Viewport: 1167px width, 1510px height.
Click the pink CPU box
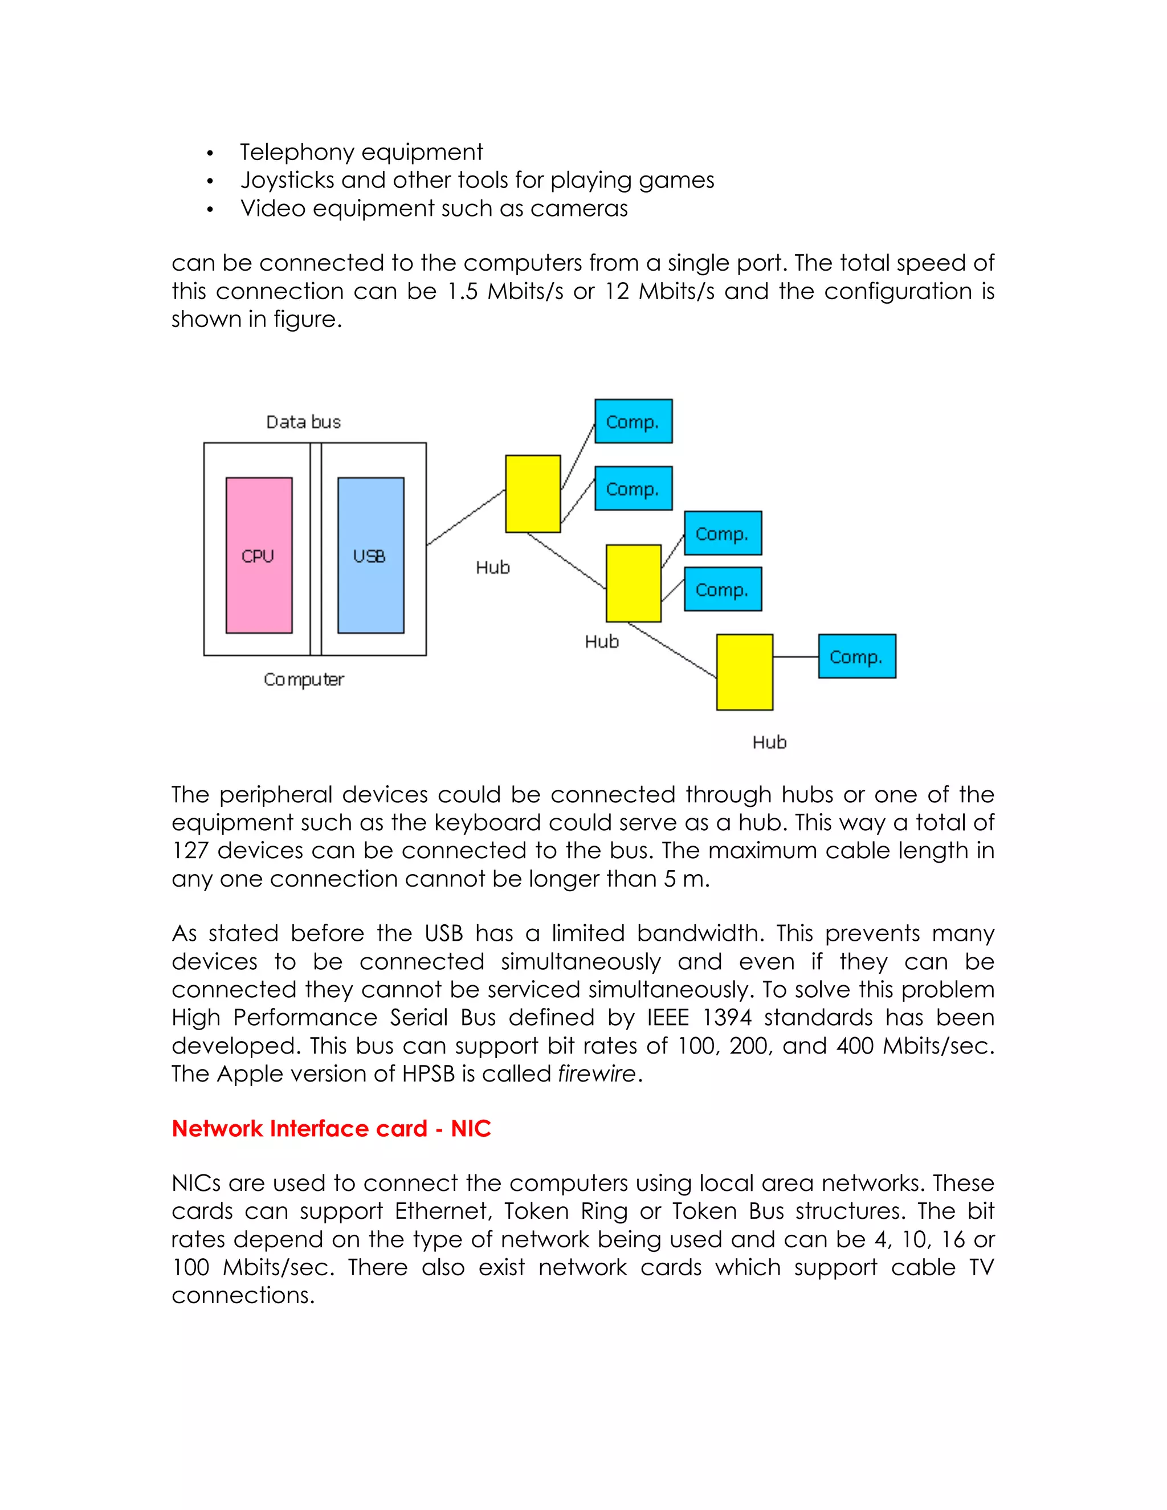259,554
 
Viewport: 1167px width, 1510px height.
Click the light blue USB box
370,554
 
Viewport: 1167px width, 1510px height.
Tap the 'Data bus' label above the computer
304,422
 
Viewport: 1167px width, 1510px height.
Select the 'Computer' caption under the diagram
304,680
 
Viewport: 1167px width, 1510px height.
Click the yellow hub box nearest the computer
532,493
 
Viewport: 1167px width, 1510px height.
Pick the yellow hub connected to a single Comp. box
744,672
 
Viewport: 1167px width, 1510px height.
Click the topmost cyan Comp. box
633,421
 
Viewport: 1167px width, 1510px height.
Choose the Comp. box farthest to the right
856,656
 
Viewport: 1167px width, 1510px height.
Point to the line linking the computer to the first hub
466,518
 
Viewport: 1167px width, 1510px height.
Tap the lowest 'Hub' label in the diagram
769,742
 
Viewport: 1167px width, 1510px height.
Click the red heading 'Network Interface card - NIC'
331,1128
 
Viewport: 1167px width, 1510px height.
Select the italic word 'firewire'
597,1074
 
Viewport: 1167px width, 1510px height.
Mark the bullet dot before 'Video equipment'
210,210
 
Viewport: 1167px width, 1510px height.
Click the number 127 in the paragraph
190,850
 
